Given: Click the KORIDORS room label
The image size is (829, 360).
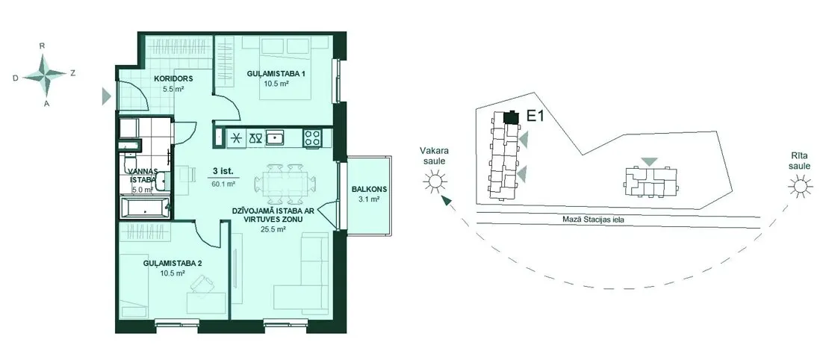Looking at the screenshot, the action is (x=173, y=79).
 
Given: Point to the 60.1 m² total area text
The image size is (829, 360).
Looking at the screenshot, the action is (x=223, y=184).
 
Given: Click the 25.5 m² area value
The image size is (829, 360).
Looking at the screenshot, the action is (x=274, y=229).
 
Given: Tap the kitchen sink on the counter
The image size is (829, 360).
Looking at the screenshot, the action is (x=275, y=138).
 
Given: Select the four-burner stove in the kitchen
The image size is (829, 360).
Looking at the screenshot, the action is (x=312, y=138).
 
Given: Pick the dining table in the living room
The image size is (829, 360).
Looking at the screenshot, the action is (x=281, y=184).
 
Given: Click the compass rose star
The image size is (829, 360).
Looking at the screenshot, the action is (x=45, y=75).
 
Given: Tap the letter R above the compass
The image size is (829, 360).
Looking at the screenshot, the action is (x=42, y=46).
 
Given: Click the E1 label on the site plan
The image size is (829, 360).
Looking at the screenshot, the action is (x=535, y=117).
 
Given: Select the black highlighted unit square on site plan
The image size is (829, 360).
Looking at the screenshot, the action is (x=510, y=117).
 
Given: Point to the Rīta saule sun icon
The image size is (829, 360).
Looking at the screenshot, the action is (x=798, y=186).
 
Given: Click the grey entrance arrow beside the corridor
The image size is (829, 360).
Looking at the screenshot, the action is (x=107, y=96).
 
